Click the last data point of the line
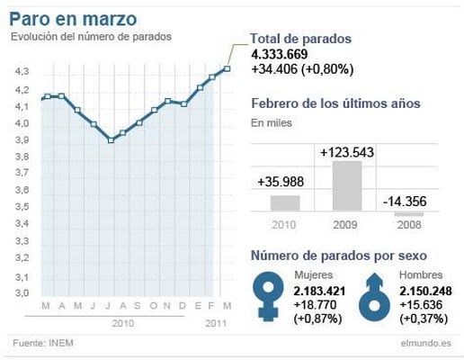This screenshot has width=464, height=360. (228, 68)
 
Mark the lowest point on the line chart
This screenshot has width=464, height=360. (111, 140)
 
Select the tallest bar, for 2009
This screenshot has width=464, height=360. (346, 185)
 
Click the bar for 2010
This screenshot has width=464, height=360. (284, 202)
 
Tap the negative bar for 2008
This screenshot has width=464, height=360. (409, 212)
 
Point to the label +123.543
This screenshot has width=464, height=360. (346, 153)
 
